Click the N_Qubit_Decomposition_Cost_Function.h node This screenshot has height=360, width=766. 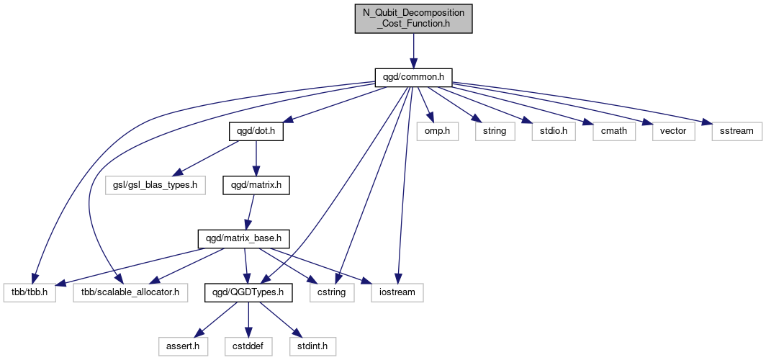coord(413,19)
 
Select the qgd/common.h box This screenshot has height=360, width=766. coord(413,78)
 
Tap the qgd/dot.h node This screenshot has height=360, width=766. coord(256,132)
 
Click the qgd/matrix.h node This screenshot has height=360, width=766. coord(256,186)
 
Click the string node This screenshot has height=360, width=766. coord(495,132)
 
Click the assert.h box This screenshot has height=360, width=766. coord(183,347)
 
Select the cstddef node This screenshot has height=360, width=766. coord(248,347)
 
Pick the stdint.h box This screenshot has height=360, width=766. coord(312,347)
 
